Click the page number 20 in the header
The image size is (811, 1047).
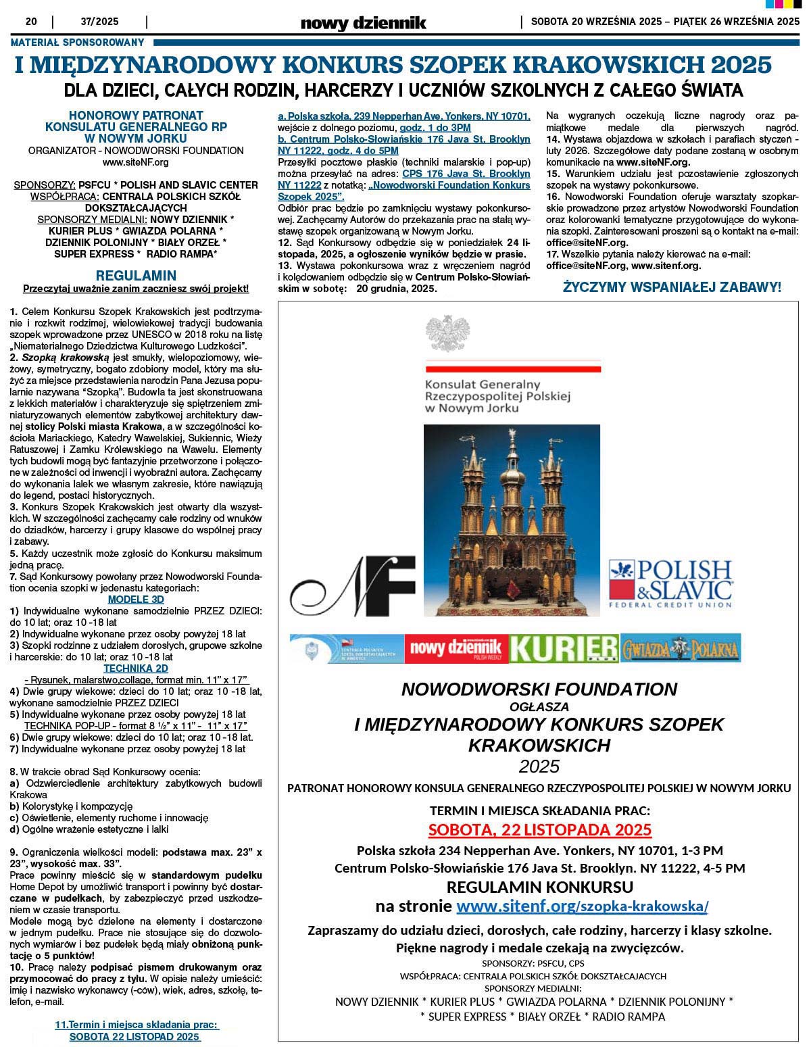pos(31,21)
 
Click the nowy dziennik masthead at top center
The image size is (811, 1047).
pos(363,23)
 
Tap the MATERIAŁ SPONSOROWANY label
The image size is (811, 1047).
pos(78,42)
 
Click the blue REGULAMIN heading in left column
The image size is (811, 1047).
pos(136,275)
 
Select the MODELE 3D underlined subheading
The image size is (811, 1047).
pos(136,599)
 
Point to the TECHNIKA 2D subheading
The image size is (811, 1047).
pos(136,668)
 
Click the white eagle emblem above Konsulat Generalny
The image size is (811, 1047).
pos(447,333)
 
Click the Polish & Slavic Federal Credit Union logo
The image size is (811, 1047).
pos(670,583)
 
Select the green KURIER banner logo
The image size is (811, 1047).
pos(564,648)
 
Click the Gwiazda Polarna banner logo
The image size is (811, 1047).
pos(680,648)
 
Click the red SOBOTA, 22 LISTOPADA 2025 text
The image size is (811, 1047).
pos(539,829)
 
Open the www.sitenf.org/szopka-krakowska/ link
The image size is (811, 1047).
pos(582,906)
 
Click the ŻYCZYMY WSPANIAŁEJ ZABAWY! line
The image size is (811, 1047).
pos(672,287)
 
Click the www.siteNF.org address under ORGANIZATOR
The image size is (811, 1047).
pos(136,162)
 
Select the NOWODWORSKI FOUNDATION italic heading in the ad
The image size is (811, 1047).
pos(539,689)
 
